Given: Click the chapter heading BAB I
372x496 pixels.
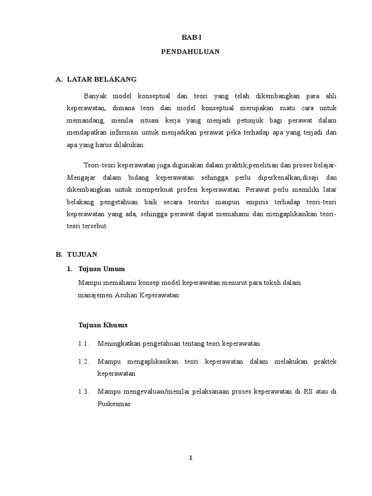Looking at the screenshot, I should click(190, 37).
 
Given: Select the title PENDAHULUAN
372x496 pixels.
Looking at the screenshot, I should click(190, 51).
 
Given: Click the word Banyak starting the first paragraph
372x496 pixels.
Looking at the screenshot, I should click(95, 95).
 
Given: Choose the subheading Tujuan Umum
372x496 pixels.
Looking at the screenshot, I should click(102, 269).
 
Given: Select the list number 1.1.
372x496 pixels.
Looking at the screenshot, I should click(84, 344).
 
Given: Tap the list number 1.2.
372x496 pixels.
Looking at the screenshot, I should click(84, 362).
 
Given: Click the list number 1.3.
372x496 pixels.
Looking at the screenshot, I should click(84, 392).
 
